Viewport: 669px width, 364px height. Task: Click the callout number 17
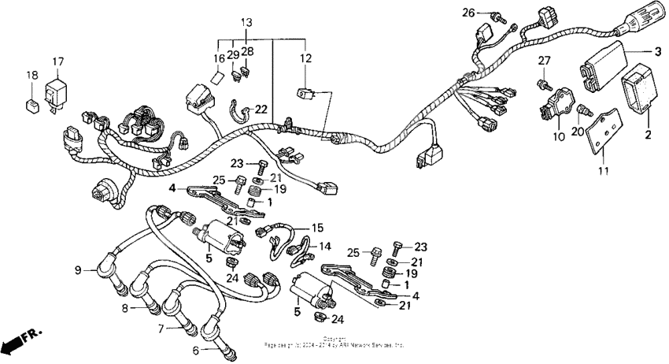(x=58, y=61)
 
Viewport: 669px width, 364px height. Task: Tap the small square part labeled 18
(x=32, y=102)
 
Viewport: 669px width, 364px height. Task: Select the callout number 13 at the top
(x=246, y=21)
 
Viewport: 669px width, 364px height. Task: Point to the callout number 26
(x=490, y=13)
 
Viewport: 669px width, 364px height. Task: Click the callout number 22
(x=261, y=109)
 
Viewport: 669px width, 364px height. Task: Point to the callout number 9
(x=78, y=270)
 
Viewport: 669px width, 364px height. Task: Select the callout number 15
(x=318, y=227)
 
